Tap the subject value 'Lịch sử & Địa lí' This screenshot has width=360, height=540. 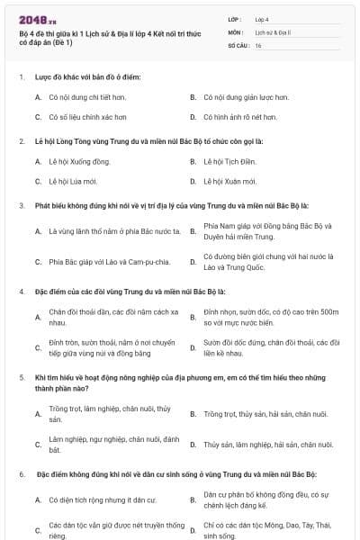tap(271, 31)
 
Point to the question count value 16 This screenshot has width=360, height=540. tap(258, 44)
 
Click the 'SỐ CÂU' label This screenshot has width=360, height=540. tap(237, 44)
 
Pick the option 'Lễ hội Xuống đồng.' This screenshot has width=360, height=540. tap(79, 161)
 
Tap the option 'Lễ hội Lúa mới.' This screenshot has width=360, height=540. tap(72, 181)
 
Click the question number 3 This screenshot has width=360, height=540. tap(22, 205)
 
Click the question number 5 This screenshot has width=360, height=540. tap(22, 378)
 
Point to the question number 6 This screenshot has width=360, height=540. tap(22, 473)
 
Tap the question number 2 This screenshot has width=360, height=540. tap(22, 141)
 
